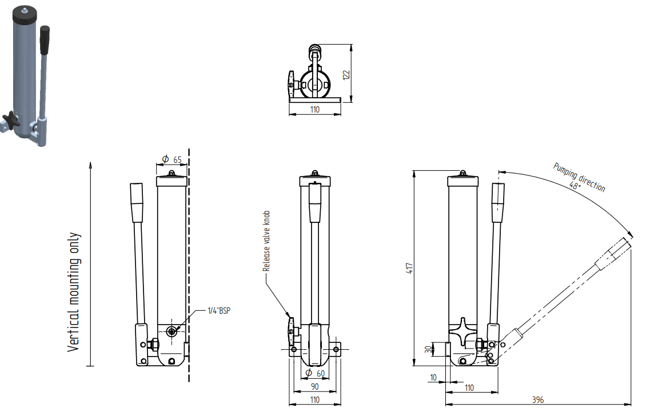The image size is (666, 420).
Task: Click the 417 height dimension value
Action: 409,267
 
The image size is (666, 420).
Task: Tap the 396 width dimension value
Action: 539,399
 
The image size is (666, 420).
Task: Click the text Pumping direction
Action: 579,177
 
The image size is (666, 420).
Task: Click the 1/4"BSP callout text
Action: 220,311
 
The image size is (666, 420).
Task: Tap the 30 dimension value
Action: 427,349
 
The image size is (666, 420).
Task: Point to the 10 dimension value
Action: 433,377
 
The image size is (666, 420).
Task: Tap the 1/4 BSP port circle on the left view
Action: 172,331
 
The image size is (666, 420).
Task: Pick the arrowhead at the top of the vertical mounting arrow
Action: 90,163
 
